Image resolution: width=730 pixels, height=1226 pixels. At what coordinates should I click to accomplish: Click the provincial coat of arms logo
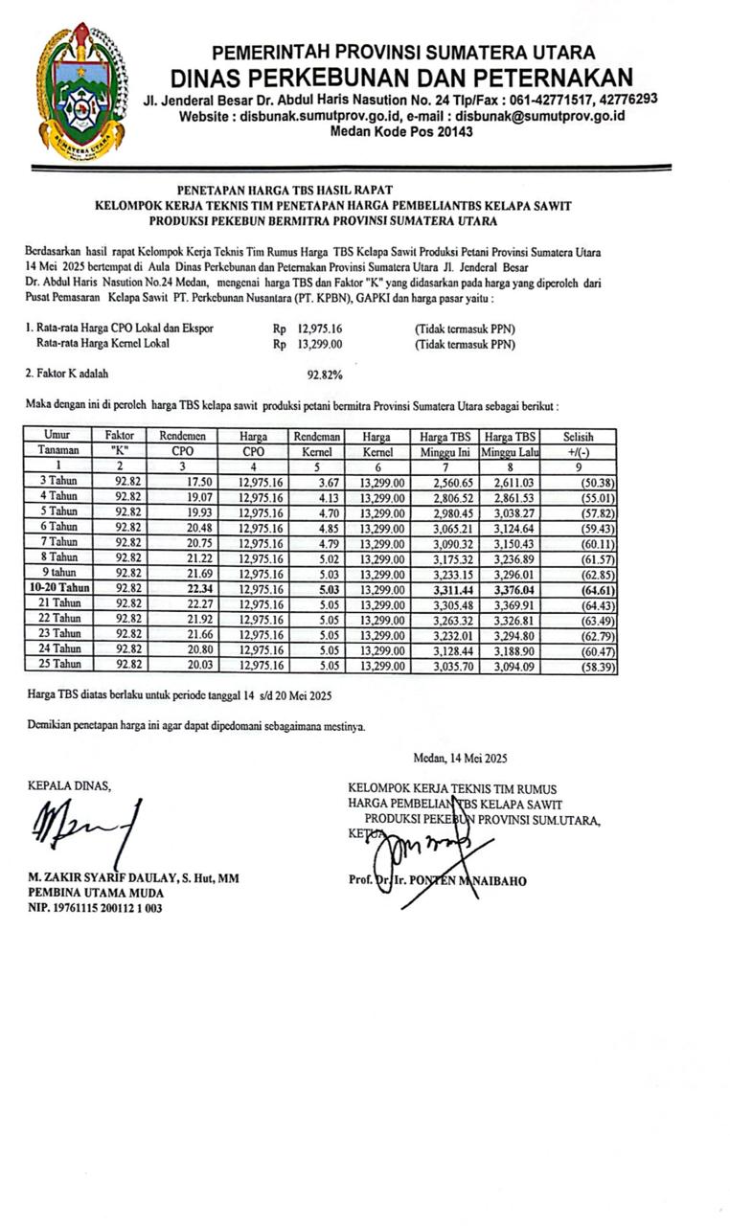pyautogui.click(x=80, y=91)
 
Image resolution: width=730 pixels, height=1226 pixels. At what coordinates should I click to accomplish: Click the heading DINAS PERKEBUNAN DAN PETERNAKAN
pyautogui.click(x=401, y=78)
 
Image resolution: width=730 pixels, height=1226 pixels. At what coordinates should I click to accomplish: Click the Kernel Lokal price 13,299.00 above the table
pyautogui.click(x=315, y=343)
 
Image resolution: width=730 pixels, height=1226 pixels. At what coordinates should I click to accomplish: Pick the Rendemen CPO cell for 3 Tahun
pyautogui.click(x=195, y=481)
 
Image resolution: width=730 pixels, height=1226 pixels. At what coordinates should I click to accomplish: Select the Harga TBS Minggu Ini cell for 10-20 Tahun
pyautogui.click(x=449, y=589)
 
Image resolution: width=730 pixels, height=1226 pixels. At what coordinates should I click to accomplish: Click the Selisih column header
pyautogui.click(x=579, y=436)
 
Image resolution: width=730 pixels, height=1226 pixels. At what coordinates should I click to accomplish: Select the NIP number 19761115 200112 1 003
pyautogui.click(x=95, y=908)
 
